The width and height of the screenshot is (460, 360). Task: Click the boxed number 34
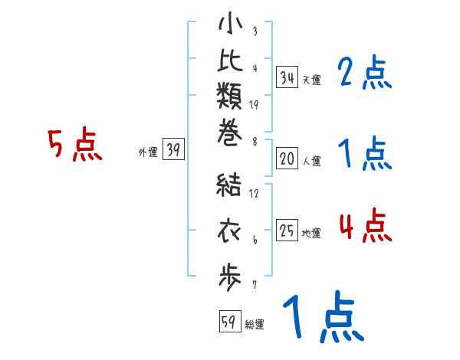(x=287, y=77)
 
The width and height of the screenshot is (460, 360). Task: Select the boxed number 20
(x=287, y=159)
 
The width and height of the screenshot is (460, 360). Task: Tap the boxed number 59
(x=228, y=322)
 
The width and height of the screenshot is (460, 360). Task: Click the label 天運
(x=311, y=80)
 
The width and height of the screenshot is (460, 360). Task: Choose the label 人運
(x=311, y=161)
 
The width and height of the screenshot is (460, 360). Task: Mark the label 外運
(x=148, y=152)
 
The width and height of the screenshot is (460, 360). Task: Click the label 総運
(x=255, y=325)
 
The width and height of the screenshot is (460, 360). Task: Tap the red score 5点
(x=74, y=145)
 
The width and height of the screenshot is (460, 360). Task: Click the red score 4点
(x=364, y=226)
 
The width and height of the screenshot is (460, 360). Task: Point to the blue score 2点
(x=364, y=74)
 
